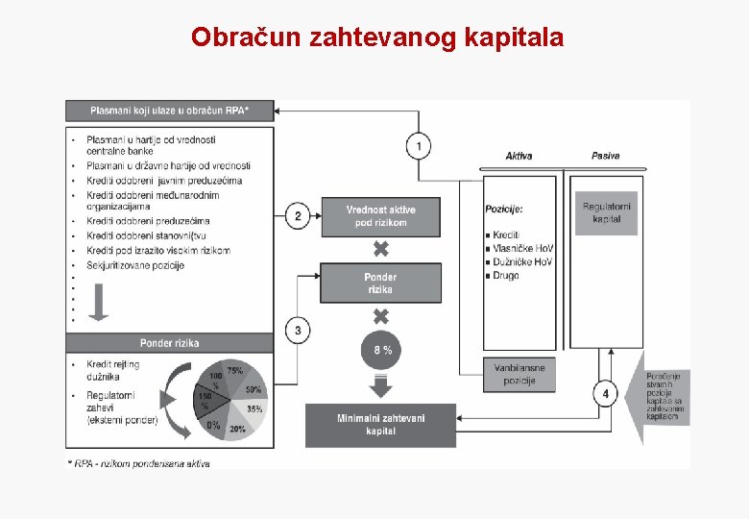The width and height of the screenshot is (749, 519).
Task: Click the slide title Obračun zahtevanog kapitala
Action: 377,37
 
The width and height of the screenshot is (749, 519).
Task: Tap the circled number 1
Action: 418,146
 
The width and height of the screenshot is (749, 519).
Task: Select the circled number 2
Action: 298,216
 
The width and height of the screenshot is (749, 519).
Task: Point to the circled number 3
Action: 298,331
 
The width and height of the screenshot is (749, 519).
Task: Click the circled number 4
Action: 605,393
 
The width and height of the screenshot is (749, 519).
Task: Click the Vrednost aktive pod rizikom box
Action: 380,216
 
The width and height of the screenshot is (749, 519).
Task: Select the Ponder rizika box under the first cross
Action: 380,284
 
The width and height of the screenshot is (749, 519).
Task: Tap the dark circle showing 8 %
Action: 381,350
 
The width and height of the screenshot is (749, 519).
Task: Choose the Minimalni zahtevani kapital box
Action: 380,425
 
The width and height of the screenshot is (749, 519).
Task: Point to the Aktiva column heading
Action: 519,156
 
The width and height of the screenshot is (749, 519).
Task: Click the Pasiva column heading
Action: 606,156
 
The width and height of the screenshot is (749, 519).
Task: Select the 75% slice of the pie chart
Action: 233,372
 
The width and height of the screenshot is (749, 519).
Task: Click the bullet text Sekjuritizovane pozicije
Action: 135,266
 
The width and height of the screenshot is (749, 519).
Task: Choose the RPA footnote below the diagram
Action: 138,463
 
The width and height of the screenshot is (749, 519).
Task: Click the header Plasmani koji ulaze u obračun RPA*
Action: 169,111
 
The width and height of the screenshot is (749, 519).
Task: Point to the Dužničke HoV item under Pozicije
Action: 523,261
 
